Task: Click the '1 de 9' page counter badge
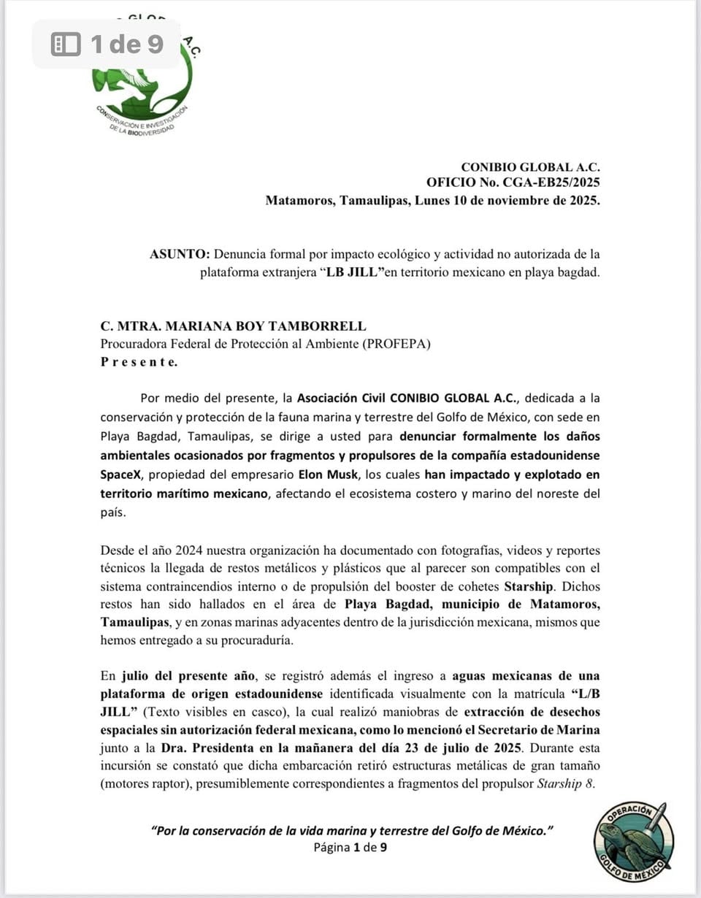pos(107,45)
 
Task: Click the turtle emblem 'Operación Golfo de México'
pos(633,840)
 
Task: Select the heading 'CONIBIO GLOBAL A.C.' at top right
pos(530,167)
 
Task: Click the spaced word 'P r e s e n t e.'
pos(138,361)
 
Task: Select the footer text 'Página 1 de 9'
pos(350,848)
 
